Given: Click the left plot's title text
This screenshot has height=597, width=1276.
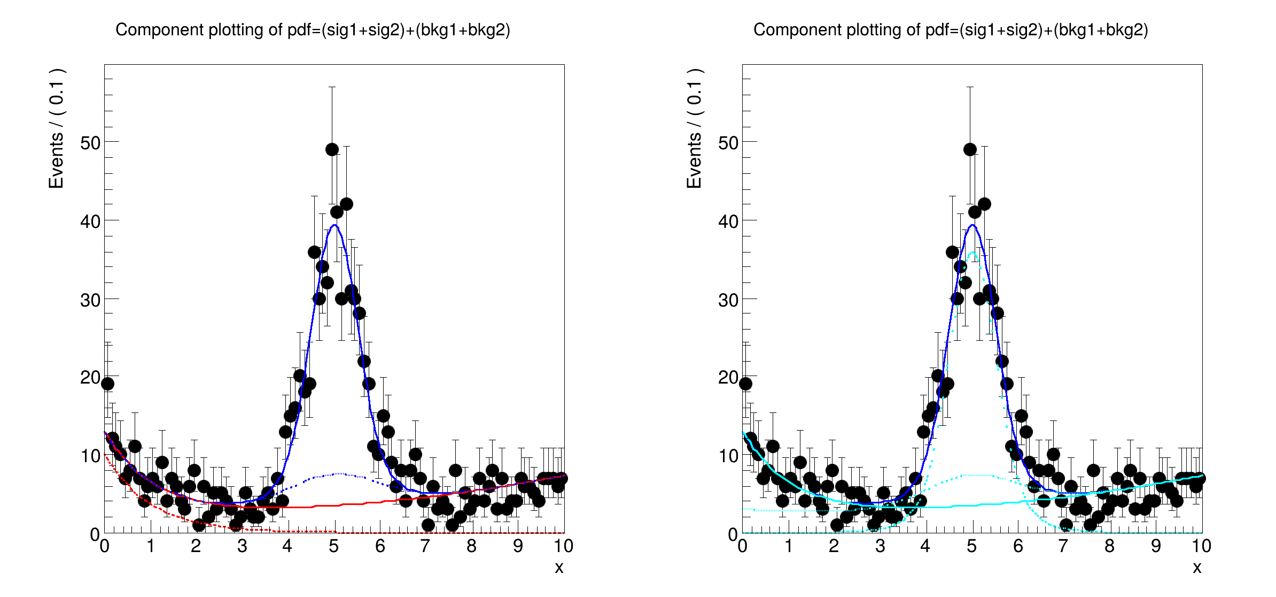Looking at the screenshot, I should tap(313, 30).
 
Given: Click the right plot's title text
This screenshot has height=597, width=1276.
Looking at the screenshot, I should tap(951, 30).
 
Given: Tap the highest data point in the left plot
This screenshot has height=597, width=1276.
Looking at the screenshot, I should tap(332, 150).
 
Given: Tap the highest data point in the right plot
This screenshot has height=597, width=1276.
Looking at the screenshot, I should tap(970, 150).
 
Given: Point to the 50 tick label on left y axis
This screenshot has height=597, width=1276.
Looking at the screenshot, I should tap(90, 143).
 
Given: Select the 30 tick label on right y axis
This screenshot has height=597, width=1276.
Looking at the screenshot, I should tap(728, 300).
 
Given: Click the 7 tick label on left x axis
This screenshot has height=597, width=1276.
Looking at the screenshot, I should tap(425, 546).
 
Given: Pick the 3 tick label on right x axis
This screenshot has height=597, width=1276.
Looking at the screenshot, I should tap(880, 546).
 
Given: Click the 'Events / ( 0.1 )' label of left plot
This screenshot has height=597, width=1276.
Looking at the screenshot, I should tap(56, 128).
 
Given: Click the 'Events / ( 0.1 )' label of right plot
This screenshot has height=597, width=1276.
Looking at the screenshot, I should tap(694, 128).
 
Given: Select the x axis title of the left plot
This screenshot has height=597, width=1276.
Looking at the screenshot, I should tap(559, 568).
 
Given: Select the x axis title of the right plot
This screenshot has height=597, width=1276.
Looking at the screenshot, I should tap(1197, 568).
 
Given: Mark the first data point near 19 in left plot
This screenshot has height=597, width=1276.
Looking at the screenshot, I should tap(107, 384).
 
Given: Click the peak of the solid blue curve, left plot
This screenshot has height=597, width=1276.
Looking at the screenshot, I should tap(334, 225).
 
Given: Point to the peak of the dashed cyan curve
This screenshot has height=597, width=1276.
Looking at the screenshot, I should tap(972, 252).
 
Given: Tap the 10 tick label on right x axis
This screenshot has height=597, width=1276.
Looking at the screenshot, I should tap(1201, 546).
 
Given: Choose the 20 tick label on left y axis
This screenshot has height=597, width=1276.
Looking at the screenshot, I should tap(90, 378).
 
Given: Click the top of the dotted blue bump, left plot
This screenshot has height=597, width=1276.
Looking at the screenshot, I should tap(339, 473).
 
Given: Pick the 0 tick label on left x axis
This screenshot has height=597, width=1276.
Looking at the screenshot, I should tap(104, 546).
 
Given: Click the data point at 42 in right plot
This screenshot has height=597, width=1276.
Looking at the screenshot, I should tap(984, 204).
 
